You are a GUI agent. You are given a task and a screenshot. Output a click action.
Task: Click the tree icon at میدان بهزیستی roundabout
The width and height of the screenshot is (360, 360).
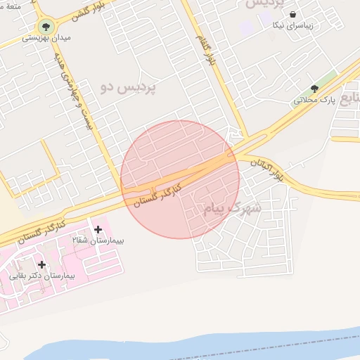click(46, 27)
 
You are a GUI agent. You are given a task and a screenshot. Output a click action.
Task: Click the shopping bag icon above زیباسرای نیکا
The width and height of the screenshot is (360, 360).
click(292, 14)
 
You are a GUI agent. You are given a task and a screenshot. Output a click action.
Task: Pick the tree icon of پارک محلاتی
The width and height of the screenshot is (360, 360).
click(314, 89)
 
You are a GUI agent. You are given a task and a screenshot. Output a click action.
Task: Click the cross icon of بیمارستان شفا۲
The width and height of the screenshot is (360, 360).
click(98, 229)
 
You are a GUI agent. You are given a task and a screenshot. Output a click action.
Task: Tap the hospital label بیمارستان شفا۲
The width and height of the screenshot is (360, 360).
click(98, 240)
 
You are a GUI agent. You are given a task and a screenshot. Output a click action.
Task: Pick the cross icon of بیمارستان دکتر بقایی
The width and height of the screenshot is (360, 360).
click(42, 264)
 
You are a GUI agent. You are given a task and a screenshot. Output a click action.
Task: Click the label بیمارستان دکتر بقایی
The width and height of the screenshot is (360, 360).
click(42, 276)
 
